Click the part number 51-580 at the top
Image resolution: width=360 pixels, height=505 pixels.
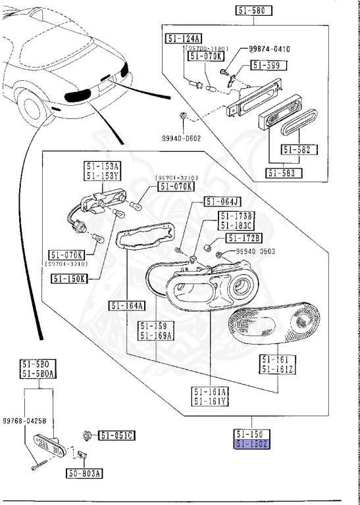pyautogui.click(x=253, y=11)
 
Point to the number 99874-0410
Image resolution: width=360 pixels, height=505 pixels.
pyautogui.click(x=270, y=49)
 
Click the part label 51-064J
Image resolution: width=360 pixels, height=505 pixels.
pyautogui.click(x=222, y=202)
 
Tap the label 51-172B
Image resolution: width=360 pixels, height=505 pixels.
pyautogui.click(x=244, y=237)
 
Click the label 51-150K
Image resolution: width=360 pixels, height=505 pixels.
pyautogui.click(x=69, y=279)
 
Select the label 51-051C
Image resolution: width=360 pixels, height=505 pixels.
pyautogui.click(x=117, y=435)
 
